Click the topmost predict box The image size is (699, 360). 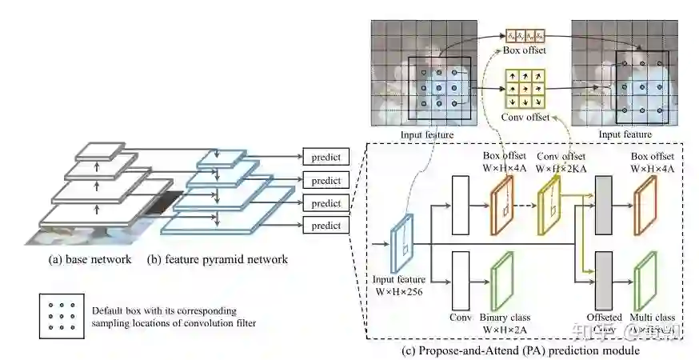pyautogui.click(x=326, y=158)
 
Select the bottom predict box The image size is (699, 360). pyautogui.click(x=326, y=226)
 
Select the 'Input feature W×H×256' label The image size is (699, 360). pyautogui.click(x=399, y=285)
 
